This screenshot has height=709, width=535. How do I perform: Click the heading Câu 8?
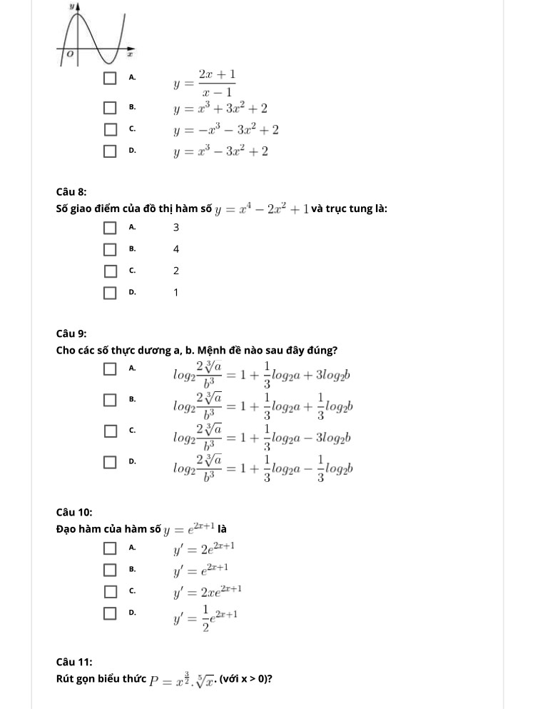(x=71, y=191)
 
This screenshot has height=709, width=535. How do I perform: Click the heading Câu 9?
(x=71, y=333)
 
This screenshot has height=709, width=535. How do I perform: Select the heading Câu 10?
(x=73, y=512)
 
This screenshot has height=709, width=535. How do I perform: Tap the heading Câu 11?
(x=73, y=662)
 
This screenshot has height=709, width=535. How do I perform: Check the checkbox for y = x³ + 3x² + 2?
(x=110, y=109)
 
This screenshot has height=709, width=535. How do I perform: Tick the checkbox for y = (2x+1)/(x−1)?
(x=110, y=78)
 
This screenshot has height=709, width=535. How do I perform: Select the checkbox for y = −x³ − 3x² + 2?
(x=110, y=130)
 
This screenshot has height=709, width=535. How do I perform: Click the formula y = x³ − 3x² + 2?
(x=220, y=151)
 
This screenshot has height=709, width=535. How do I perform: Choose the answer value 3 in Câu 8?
(x=176, y=228)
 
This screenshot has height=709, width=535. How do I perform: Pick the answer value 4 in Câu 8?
(x=176, y=249)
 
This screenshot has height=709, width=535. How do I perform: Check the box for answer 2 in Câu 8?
(x=110, y=271)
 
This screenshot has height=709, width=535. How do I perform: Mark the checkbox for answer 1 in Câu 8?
(x=110, y=292)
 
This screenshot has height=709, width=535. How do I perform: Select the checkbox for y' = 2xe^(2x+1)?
(x=110, y=591)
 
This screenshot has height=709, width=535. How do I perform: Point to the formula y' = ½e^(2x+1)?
(x=205, y=615)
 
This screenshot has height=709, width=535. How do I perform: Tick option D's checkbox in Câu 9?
(x=110, y=463)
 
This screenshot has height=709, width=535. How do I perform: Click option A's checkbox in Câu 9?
(x=110, y=368)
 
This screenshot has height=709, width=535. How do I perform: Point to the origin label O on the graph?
(x=69, y=54)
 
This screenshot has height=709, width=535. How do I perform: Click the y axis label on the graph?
(x=72, y=5)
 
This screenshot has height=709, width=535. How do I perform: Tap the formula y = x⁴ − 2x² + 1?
(x=262, y=209)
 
